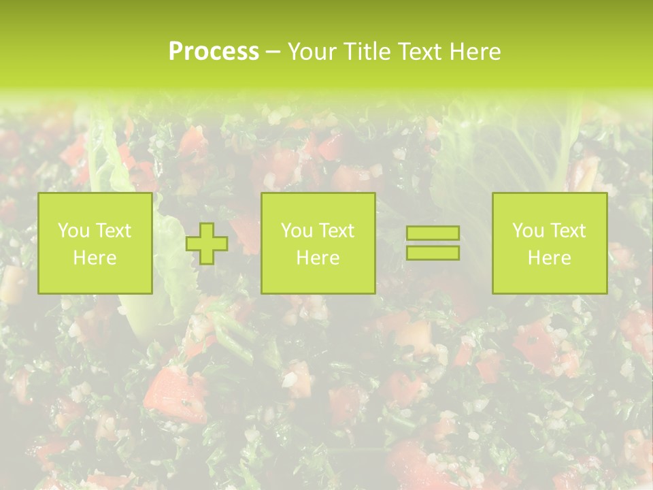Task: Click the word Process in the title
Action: tap(214, 52)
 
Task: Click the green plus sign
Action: tap(207, 244)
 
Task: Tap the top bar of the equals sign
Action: tap(433, 233)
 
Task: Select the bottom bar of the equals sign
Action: tap(433, 252)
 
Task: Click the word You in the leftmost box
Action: tap(73, 231)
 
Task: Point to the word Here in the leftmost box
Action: tap(95, 258)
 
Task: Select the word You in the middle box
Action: tap(297, 231)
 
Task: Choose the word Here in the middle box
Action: tap(318, 258)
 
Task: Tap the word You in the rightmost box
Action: tap(528, 231)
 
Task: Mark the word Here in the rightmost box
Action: tap(549, 258)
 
